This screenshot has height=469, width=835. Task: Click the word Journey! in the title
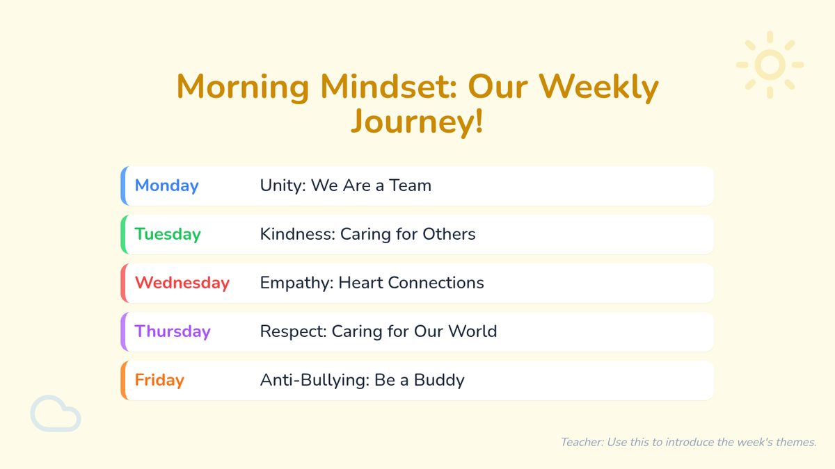(417, 122)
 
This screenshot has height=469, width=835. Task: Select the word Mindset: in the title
(388, 87)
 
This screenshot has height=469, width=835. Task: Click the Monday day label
(166, 186)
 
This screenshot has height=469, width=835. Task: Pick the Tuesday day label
(168, 234)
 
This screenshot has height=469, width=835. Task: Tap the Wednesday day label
(182, 283)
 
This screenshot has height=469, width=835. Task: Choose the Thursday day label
(173, 331)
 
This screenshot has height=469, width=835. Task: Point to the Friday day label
(159, 380)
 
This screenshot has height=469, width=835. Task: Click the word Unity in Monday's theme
(283, 186)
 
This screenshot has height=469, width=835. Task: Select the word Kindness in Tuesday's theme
(297, 234)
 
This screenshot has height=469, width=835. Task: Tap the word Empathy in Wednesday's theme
(296, 283)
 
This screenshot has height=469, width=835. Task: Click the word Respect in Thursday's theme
(293, 331)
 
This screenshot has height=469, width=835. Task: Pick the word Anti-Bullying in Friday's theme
(315, 380)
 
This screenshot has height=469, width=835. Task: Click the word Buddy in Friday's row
(439, 380)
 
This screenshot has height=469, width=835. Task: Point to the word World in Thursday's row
(472, 331)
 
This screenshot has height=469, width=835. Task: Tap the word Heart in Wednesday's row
(360, 283)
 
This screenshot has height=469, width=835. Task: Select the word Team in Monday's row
(410, 186)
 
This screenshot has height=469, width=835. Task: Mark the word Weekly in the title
(599, 87)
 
